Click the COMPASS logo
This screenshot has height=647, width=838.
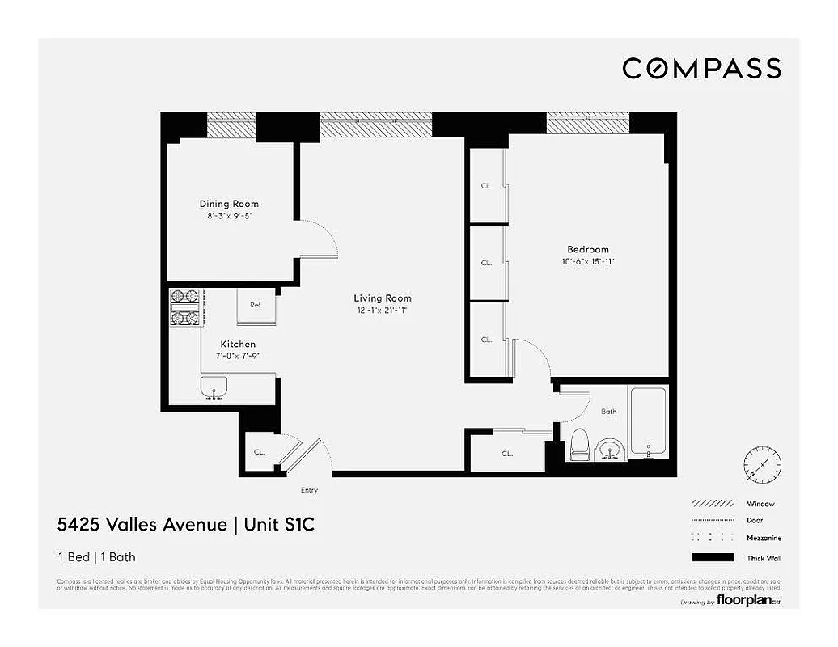click(701, 69)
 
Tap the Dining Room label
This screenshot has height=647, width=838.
click(229, 204)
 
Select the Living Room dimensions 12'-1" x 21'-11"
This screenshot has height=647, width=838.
click(382, 311)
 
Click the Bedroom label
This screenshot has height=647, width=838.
click(588, 249)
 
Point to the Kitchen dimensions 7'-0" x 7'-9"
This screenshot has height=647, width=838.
click(237, 356)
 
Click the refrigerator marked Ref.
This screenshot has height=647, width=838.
click(256, 305)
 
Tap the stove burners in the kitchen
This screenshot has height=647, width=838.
click(184, 307)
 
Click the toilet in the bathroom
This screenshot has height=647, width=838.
click(579, 444)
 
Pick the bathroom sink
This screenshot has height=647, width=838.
click(609, 449)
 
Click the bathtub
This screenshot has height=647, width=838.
click(648, 421)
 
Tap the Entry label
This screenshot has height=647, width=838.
click(309, 490)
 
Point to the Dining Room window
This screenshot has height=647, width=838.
click(231, 125)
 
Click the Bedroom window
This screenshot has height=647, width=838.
click(588, 123)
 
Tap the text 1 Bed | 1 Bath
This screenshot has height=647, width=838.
click(102, 556)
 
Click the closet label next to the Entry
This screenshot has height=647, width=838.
click(260, 453)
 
